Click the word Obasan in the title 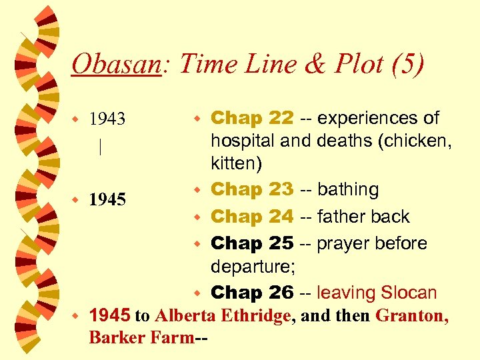click(x=116, y=65)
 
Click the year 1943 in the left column click(x=107, y=119)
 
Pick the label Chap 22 click(x=252, y=118)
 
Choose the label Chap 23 click(x=252, y=189)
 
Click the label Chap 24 click(x=252, y=217)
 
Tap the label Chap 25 click(x=252, y=243)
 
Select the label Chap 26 click(x=252, y=292)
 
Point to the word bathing click(x=348, y=189)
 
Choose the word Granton click(x=411, y=315)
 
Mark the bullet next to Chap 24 click(x=197, y=217)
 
